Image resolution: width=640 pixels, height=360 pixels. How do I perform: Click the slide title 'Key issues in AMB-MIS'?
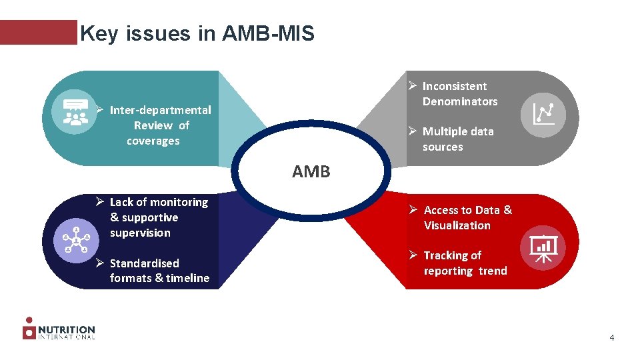point(197,33)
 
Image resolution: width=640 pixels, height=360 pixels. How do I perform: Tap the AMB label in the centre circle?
point(311,172)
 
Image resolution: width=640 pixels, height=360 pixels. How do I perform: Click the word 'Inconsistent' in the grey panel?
point(454,86)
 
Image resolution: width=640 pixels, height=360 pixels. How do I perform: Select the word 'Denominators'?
point(459,101)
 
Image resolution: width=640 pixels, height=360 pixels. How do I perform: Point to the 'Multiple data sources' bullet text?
point(457,139)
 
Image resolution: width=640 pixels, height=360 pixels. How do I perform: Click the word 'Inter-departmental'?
point(160,110)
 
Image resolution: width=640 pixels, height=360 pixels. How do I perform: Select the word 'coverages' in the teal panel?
point(153,141)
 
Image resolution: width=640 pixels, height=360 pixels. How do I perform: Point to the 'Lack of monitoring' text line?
point(159,202)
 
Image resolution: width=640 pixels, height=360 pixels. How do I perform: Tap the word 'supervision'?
point(140,233)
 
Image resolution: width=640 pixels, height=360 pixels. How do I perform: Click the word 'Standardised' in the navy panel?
point(144,263)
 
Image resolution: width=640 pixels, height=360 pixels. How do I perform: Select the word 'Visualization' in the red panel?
point(457,225)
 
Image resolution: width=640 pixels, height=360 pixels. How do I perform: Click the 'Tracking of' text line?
point(452,255)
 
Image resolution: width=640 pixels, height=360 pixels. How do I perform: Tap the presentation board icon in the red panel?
point(543,248)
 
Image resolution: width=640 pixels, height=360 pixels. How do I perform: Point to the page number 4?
point(611,338)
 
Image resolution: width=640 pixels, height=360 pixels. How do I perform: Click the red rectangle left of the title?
point(39,32)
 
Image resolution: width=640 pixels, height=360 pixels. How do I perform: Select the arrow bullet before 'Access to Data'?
point(413,210)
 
